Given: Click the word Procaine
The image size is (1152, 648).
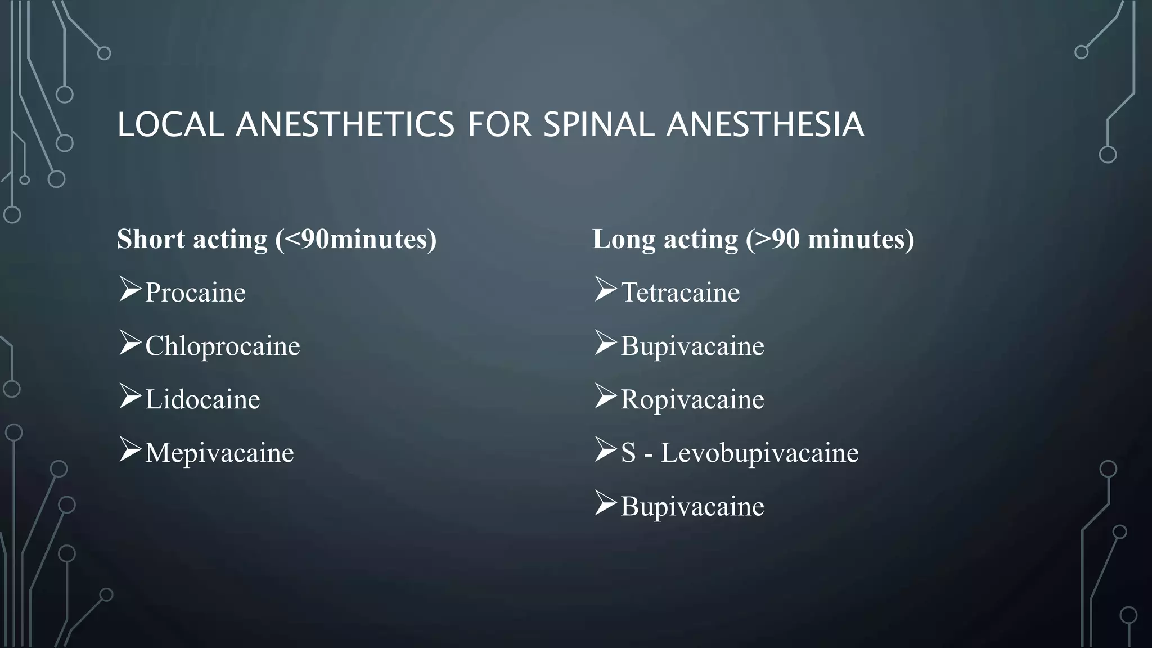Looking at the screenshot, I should [195, 292].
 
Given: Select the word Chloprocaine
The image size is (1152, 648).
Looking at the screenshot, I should [222, 346].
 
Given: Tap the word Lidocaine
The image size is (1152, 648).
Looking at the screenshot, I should [202, 399].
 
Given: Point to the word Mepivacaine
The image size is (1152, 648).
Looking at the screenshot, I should [219, 453].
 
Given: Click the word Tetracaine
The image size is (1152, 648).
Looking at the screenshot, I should [680, 292].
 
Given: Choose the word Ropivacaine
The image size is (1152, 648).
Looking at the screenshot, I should [692, 399].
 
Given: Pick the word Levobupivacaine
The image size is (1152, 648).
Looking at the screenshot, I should [759, 453].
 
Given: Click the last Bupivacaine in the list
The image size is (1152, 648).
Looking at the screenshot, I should [692, 506].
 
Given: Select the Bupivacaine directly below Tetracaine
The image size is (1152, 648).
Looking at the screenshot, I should [692, 346].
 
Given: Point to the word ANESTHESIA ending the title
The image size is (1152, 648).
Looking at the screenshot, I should [765, 124].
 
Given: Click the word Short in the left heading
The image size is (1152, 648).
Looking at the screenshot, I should [151, 239].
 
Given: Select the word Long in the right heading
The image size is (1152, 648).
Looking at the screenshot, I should [624, 239].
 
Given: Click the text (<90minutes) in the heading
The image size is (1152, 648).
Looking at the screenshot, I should [355, 239].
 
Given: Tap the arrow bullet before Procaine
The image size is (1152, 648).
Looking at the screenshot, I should [130, 290].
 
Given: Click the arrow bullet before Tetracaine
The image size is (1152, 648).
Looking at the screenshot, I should [605, 290].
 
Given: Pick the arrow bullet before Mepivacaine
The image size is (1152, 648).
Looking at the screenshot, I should [130, 450].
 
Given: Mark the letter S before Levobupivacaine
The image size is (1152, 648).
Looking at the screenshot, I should [628, 453].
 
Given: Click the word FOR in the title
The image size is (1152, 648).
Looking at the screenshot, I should [499, 124].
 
